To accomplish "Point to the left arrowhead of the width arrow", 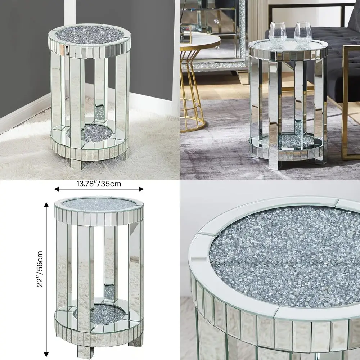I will point(56,189).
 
